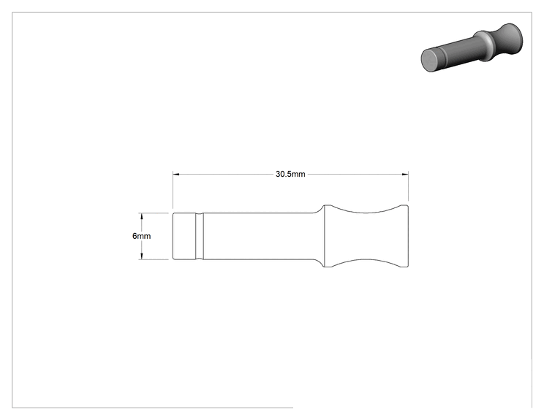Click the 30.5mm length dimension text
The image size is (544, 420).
click(290, 174)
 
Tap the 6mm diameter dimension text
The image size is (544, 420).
click(142, 236)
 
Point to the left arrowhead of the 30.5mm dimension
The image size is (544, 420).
click(176, 174)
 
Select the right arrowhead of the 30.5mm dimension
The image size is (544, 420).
click(405, 174)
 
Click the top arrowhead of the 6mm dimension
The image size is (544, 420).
click(142, 216)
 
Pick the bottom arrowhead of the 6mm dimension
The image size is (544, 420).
click(142, 256)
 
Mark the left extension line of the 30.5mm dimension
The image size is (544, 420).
click(173, 190)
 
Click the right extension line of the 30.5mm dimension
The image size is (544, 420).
click(408, 186)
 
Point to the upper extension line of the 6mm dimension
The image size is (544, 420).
click(154, 213)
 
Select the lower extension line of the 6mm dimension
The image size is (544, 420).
click(154, 259)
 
